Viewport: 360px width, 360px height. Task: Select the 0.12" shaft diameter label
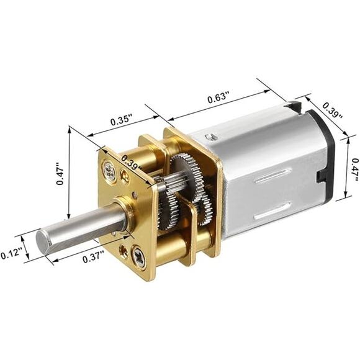coord(11,253)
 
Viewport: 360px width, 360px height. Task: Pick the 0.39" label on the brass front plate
coord(132,162)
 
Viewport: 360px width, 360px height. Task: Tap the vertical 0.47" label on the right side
coord(354,168)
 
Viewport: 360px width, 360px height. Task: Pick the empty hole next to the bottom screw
coord(124,252)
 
